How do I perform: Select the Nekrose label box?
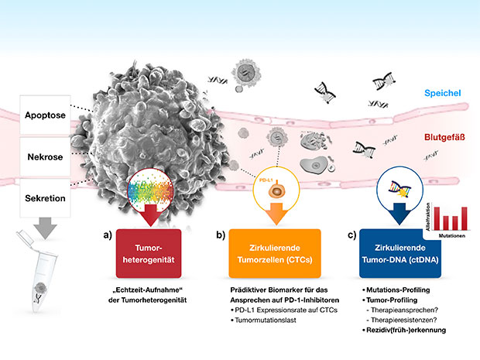coord(45,156)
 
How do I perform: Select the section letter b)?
coord(221,234)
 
